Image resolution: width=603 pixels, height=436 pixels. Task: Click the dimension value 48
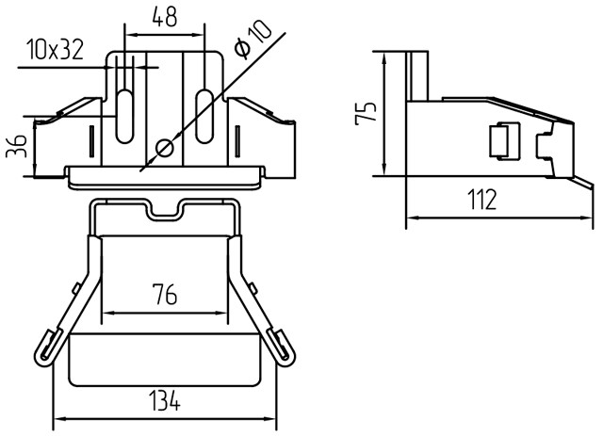click(165, 17)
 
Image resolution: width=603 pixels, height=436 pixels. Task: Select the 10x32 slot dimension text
click(55, 50)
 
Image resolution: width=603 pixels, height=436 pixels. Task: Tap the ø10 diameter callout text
click(253, 40)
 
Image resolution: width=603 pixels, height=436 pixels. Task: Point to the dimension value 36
click(17, 146)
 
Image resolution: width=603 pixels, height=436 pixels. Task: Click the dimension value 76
click(165, 294)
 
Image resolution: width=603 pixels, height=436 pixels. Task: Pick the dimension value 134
click(164, 400)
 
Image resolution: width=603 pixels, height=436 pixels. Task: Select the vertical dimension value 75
click(366, 113)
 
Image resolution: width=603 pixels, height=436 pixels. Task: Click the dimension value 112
click(482, 200)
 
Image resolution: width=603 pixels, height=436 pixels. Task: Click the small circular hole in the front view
click(165, 148)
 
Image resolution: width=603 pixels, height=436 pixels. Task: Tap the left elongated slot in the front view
click(124, 116)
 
